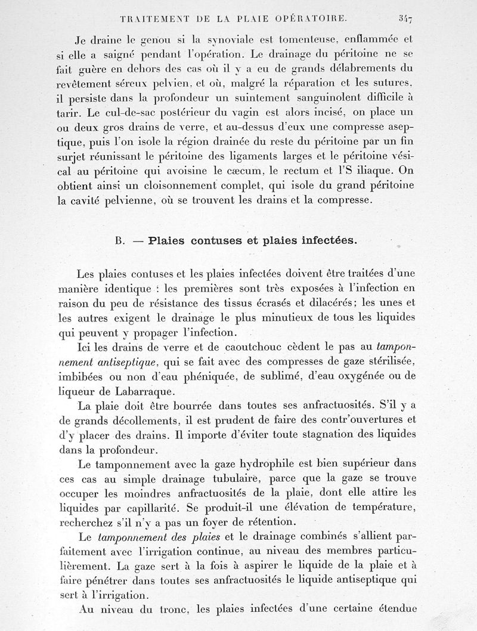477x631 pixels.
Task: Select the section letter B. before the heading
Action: coord(119,242)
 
